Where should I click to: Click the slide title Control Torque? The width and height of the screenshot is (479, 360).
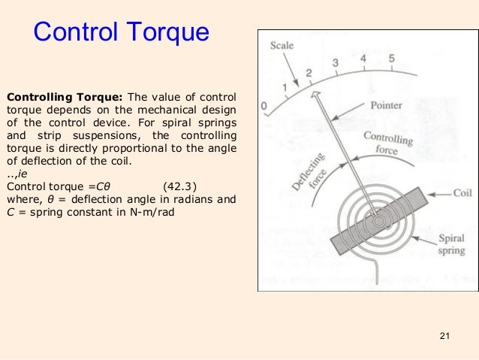click(x=120, y=32)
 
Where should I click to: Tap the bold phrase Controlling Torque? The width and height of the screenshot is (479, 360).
click(x=65, y=98)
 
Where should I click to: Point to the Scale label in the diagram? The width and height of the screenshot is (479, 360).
click(x=282, y=47)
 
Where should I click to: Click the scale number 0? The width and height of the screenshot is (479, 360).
click(x=264, y=107)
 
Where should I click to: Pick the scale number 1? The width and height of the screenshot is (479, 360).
click(x=285, y=88)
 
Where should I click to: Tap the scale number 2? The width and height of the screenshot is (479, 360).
click(x=309, y=74)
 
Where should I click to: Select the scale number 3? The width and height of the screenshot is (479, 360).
click(x=336, y=63)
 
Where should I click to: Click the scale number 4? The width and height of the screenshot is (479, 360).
click(x=363, y=58)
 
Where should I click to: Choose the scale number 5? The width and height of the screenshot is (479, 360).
click(x=391, y=59)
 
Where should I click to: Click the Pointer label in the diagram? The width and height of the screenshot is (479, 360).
click(x=386, y=107)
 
